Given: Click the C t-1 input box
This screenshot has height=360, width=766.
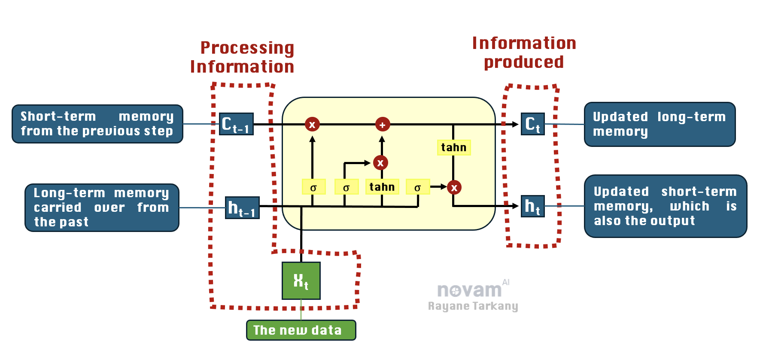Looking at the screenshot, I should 236,124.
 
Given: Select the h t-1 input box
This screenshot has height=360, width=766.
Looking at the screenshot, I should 242,207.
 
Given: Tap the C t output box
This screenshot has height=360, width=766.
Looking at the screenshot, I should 532,124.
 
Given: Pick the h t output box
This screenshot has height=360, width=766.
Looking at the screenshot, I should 532,206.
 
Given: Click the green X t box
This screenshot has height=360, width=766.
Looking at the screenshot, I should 301,281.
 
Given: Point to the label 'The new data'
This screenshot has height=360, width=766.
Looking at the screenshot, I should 301,330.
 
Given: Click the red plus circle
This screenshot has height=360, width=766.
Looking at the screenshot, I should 382,125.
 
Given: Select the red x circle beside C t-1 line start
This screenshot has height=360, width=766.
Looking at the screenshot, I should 312,125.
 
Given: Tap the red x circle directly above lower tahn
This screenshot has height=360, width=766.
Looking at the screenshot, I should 380,163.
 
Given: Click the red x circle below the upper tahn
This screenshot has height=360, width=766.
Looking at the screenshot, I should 454,187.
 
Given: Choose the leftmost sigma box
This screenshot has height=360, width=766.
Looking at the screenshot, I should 313,187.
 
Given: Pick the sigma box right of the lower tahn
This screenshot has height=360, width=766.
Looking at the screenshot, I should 417,187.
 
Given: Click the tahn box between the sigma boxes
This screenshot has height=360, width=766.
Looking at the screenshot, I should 382,187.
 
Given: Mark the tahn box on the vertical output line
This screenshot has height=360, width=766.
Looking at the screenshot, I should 453,147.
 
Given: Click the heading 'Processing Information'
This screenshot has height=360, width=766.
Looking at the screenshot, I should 243,57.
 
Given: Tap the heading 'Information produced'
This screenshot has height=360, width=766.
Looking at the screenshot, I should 524,52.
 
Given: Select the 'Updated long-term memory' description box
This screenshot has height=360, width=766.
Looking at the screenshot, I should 660,124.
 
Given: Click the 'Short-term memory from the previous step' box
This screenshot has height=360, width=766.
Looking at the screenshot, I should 97,124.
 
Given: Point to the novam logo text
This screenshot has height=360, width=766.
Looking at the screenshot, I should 469,290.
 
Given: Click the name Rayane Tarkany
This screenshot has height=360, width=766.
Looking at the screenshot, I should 473,306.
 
